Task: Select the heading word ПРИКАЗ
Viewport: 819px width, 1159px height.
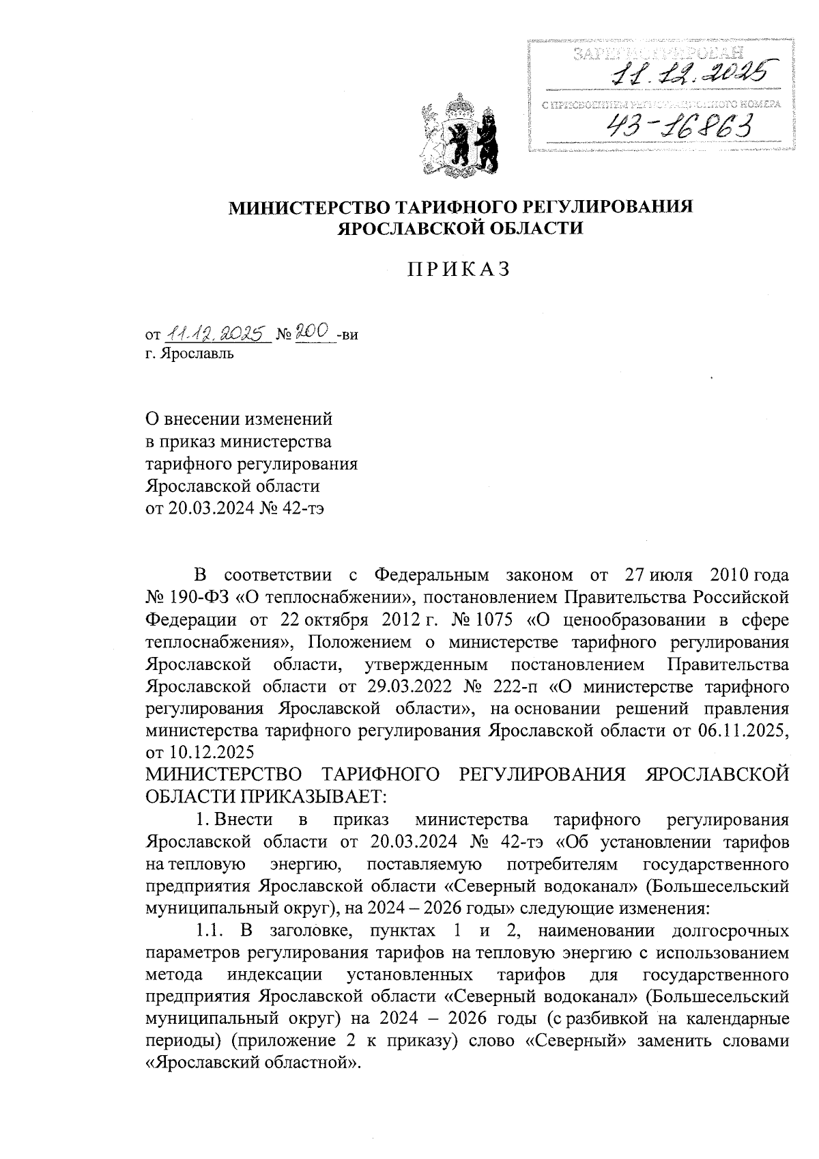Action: click(459, 270)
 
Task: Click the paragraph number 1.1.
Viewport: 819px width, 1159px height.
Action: click(210, 930)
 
